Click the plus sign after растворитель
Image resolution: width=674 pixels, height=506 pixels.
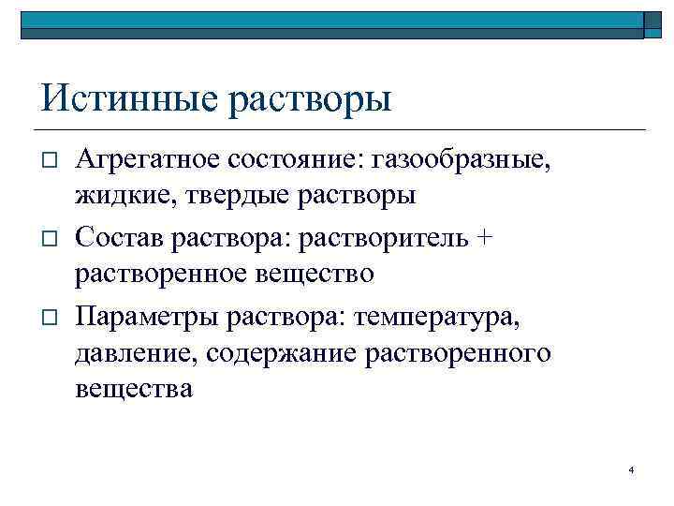[483, 237]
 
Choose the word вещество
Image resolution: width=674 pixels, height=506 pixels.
[317, 274]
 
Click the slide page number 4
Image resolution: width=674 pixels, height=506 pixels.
[632, 469]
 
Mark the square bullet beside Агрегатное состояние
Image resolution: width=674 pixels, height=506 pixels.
[51, 161]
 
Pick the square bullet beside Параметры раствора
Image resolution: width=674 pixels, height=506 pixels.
[51, 315]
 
